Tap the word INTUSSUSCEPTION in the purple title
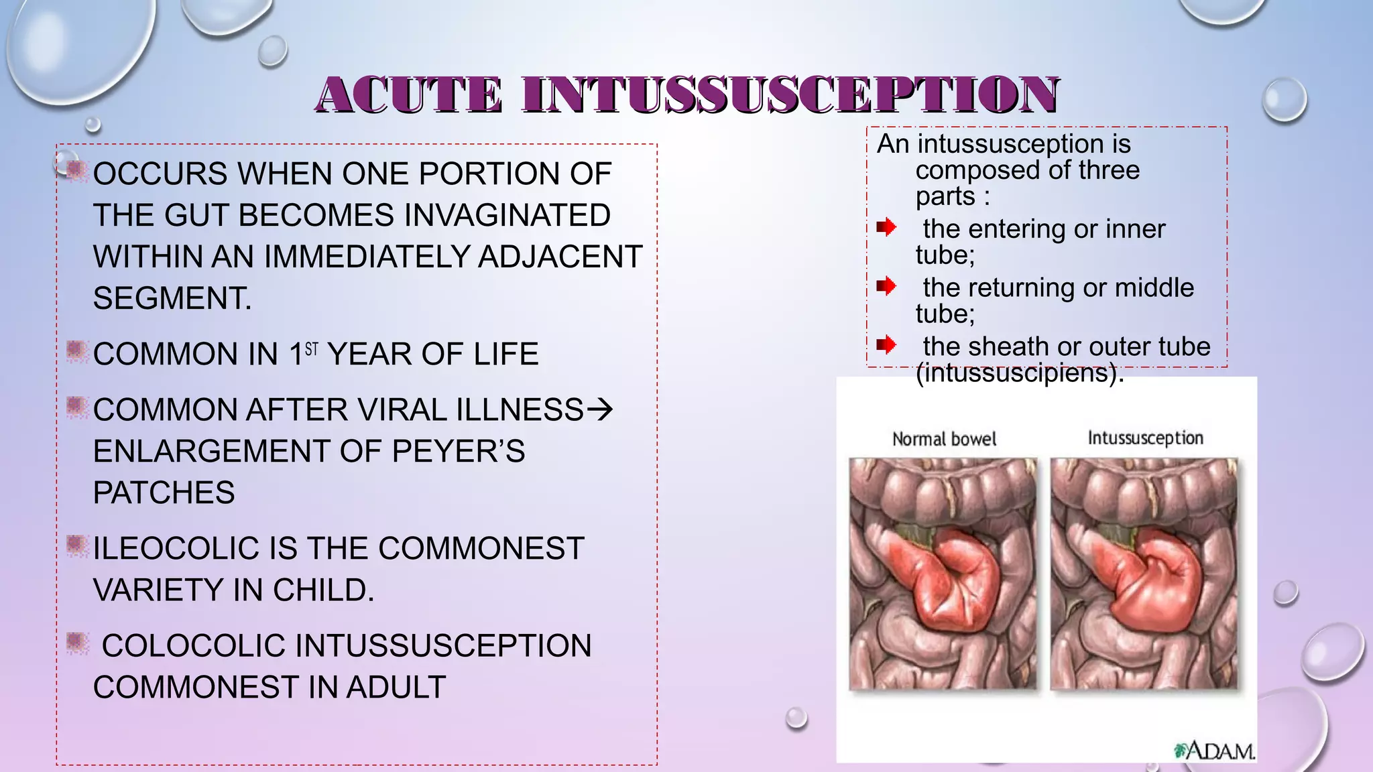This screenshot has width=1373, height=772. coord(791,94)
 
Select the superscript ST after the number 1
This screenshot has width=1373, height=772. coord(312,348)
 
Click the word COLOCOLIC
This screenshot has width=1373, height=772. coord(194,646)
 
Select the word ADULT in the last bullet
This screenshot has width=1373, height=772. coord(396,688)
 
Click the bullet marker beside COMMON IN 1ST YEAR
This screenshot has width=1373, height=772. coord(77,351)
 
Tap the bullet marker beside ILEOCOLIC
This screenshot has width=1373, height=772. coord(77,546)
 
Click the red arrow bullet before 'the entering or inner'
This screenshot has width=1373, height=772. coord(886,227)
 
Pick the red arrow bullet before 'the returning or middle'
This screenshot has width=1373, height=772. coord(886,286)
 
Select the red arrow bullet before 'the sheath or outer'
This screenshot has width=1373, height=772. coord(886,345)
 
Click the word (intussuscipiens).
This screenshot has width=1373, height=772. coord(1019,373)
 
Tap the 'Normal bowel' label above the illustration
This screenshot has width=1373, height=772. coord(944,439)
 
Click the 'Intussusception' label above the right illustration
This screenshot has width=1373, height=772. coord(1145,438)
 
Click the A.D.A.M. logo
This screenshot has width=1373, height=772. coord(1215,751)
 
